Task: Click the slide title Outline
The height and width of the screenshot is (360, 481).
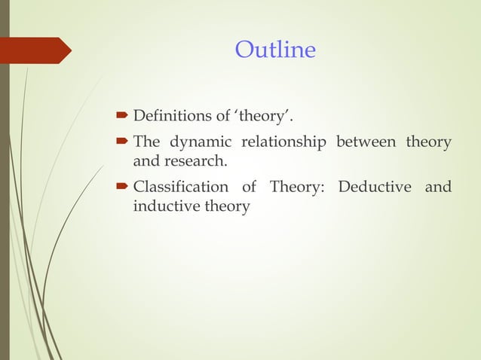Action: pos(275,50)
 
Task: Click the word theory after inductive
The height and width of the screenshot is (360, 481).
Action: pos(224,206)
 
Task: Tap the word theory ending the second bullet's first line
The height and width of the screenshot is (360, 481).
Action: pos(428,142)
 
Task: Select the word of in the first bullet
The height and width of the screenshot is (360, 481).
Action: pos(225,117)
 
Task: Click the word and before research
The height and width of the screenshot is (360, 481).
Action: pos(146,161)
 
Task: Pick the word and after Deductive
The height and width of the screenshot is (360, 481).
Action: pos(438,187)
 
